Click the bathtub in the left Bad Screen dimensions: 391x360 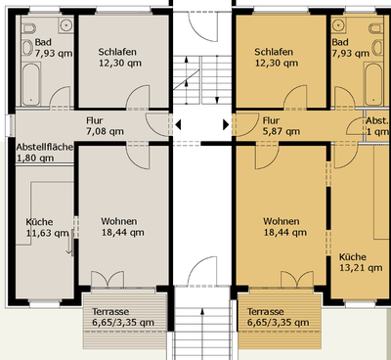pyautogui.click(x=31, y=84)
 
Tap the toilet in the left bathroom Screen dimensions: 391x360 pyautogui.click(x=28, y=28)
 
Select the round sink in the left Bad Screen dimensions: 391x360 pyautogui.click(x=66, y=24)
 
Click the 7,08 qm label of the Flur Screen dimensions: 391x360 pyautogui.click(x=105, y=131)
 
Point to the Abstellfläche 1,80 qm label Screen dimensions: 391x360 pyautogui.click(x=45, y=153)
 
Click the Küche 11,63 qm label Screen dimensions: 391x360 pyautogui.click(x=48, y=228)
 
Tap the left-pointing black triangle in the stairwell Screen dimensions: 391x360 pyautogui.click(x=178, y=124)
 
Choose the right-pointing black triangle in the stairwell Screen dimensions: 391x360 pyautogui.click(x=226, y=124)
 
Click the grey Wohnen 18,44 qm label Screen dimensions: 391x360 pyautogui.click(x=122, y=227)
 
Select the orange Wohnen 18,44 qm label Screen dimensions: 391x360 pyautogui.click(x=284, y=227)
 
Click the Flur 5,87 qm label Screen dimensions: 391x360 pyautogui.click(x=282, y=126)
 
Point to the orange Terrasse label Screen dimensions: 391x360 pyautogui.click(x=266, y=312)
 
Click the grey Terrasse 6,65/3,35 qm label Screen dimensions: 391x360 pyautogui.click(x=123, y=317)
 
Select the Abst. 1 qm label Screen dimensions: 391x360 pyautogui.click(x=377, y=126)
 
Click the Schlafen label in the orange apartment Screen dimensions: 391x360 pyautogui.click(x=274, y=52)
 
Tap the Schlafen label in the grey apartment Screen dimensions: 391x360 pyautogui.click(x=117, y=52)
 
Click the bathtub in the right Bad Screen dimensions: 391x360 pyautogui.click(x=373, y=84)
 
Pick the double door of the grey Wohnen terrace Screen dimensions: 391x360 pyautogui.click(x=108, y=280)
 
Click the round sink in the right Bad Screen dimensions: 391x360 pyautogui.click(x=339, y=24)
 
